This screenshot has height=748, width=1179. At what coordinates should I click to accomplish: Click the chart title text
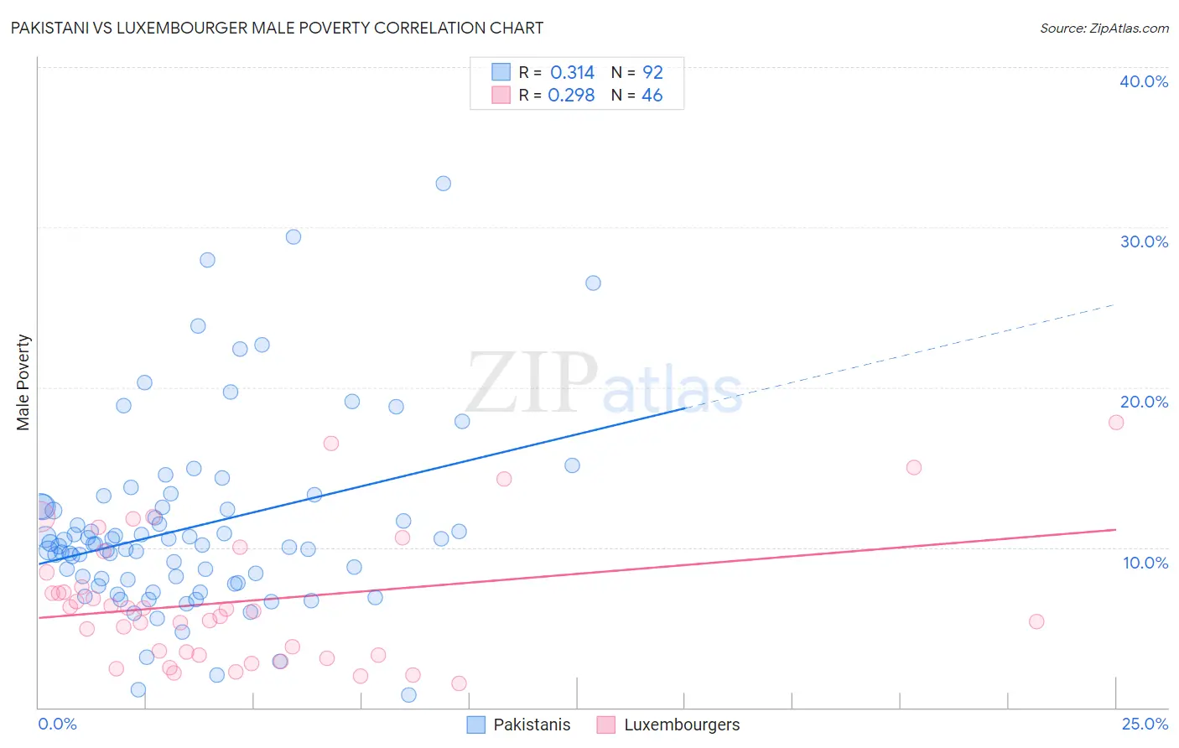pyautogui.click(x=277, y=28)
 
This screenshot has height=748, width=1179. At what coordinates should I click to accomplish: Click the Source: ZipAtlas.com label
pyautogui.click(x=1104, y=28)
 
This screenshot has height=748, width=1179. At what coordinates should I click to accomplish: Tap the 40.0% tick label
pyautogui.click(x=1143, y=81)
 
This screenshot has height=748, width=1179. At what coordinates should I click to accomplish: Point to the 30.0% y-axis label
pyautogui.click(x=1143, y=242)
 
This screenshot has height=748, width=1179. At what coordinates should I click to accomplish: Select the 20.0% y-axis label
pyautogui.click(x=1143, y=402)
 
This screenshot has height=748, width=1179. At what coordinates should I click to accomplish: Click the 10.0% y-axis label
pyautogui.click(x=1145, y=563)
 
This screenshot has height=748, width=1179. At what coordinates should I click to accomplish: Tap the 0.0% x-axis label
pyautogui.click(x=57, y=724)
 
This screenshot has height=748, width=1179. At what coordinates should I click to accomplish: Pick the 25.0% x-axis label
pyautogui.click(x=1145, y=724)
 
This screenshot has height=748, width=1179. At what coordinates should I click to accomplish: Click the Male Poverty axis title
pyautogui.click(x=23, y=382)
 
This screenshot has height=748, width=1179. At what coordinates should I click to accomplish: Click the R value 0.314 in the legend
pyautogui.click(x=572, y=73)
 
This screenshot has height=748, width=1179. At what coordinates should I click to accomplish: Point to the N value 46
pyautogui.click(x=652, y=96)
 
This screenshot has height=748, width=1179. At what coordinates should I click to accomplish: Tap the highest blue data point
pyautogui.click(x=443, y=184)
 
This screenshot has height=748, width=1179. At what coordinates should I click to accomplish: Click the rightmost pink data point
pyautogui.click(x=1116, y=423)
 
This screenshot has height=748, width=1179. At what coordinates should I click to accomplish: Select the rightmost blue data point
pyautogui.click(x=593, y=283)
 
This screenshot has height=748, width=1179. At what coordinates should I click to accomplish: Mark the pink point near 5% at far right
pyautogui.click(x=1036, y=621)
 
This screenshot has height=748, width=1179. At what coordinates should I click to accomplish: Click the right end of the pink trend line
pyautogui.click(x=1115, y=529)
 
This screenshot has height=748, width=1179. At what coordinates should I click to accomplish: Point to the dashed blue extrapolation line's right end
pyautogui.click(x=1114, y=304)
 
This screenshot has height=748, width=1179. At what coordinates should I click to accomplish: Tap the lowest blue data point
pyautogui.click(x=408, y=694)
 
